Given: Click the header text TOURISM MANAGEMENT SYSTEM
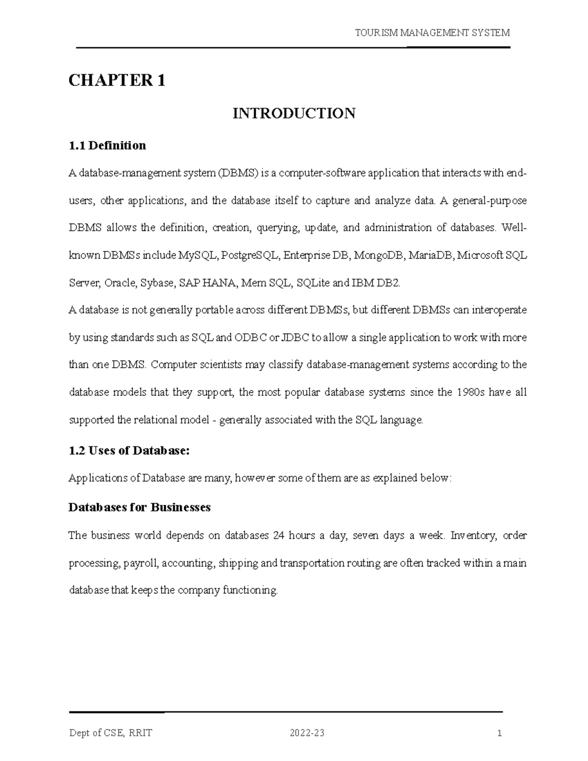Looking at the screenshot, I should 432,33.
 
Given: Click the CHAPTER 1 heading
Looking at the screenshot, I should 117,80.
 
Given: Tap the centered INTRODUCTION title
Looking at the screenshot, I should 294,114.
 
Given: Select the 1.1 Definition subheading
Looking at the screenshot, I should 107,146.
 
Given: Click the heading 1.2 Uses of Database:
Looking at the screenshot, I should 129,451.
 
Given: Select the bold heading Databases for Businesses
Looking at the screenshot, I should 140,507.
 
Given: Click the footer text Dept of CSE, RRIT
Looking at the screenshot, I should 110,734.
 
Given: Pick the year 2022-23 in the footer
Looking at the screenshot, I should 307,734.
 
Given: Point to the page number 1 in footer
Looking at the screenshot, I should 499,734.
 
